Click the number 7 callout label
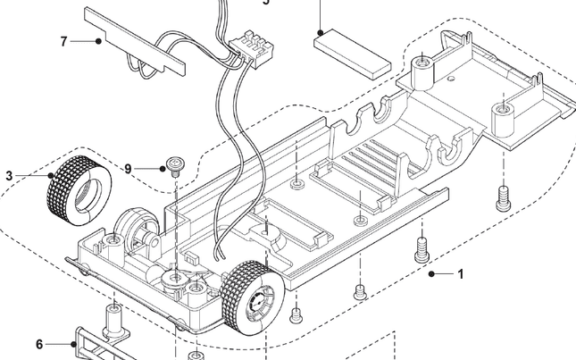click(x=63, y=41)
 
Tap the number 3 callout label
click(x=9, y=176)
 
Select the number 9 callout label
click(x=128, y=168)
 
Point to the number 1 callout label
click(x=461, y=274)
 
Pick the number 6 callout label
click(x=39, y=344)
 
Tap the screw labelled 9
click(x=175, y=164)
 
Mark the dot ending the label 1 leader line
click(x=430, y=274)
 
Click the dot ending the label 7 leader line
click(x=97, y=41)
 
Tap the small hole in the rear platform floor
click(x=503, y=111)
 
